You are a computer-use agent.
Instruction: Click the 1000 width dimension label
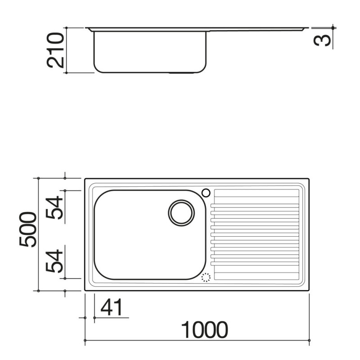(x=205, y=330)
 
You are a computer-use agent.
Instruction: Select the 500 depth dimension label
(x=28, y=229)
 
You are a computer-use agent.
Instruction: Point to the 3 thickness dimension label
(x=324, y=40)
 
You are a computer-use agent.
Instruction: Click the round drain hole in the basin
(x=181, y=212)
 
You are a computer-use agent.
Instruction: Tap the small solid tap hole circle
(x=206, y=193)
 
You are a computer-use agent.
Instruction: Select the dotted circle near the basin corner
(x=206, y=277)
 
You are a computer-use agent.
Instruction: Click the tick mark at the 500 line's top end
(x=39, y=179)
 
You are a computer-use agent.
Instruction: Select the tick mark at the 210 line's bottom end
(x=66, y=72)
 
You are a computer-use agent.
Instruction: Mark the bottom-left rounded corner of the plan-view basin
(x=98, y=275)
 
